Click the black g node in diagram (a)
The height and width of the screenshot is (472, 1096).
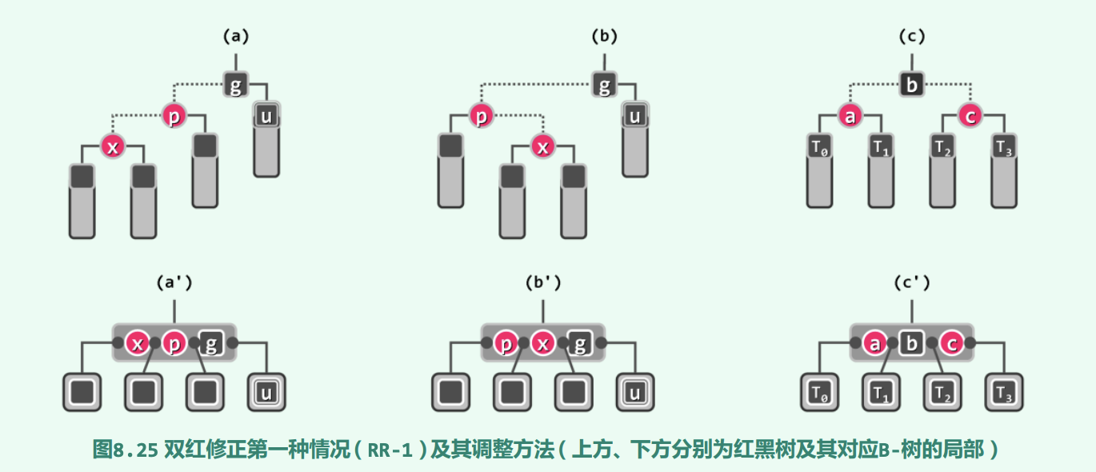click(x=235, y=86)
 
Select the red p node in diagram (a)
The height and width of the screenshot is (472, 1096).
click(x=174, y=117)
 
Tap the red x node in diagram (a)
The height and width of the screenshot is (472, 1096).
click(x=113, y=147)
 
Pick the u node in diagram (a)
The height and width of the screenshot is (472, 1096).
click(x=266, y=117)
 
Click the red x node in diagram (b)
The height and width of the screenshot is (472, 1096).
click(x=543, y=147)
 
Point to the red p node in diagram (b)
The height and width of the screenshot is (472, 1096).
click(x=481, y=117)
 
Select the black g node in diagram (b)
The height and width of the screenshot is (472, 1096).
click(x=605, y=86)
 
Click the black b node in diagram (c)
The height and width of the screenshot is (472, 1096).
click(x=910, y=86)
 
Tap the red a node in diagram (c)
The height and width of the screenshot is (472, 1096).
click(x=850, y=117)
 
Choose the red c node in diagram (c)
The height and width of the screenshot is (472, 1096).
click(x=970, y=117)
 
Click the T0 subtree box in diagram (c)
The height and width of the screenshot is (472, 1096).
click(x=818, y=147)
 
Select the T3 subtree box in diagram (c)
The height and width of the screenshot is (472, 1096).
click(x=1002, y=147)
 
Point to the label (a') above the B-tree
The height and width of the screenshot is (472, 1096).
click(x=174, y=282)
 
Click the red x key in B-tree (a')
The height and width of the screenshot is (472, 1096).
click(x=138, y=344)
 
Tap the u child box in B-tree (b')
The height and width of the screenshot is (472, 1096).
click(x=634, y=393)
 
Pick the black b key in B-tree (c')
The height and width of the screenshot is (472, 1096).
click(x=910, y=344)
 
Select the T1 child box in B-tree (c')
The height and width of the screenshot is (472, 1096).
click(x=880, y=393)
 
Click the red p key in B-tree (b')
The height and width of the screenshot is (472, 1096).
click(x=506, y=344)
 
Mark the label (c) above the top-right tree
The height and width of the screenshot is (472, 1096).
click(x=911, y=36)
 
